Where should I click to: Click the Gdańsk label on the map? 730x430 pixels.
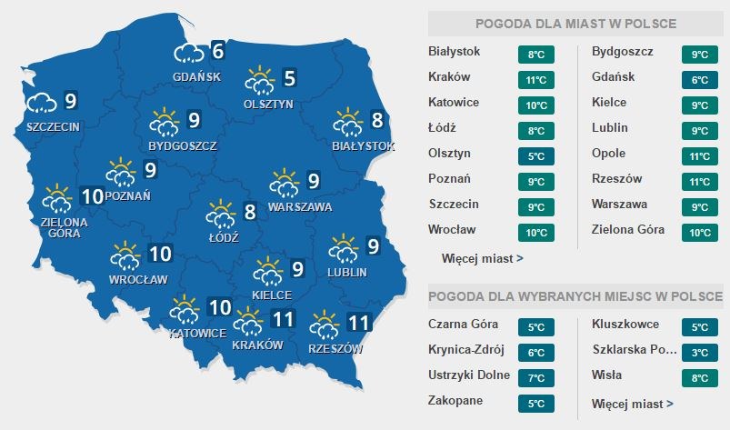pos(196,76)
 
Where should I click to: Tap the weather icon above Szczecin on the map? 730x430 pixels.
pos(42,101)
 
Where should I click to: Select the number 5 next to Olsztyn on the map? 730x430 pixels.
pos(289,79)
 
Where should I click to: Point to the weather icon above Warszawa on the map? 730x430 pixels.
pos(285,184)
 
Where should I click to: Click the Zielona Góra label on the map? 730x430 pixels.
pos(64,227)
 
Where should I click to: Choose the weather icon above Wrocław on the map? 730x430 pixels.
pos(125,256)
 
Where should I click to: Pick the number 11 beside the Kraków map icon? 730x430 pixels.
pos(283,319)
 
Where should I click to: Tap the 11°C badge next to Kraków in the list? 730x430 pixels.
pos(535,79)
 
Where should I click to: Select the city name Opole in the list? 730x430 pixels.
pos(608,154)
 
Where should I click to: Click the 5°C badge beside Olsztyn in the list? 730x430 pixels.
pos(535,155)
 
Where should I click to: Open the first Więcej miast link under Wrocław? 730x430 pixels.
pos(482,258)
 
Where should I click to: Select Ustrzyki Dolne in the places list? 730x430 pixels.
pos(468,375)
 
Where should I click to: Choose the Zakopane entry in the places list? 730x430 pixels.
pos(455,400)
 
